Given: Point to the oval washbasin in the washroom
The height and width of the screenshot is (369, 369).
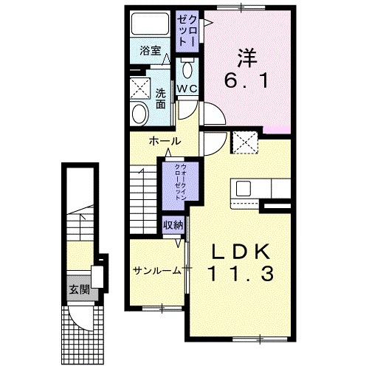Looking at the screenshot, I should click(x=138, y=113).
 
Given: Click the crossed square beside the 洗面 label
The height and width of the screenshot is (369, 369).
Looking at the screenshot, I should click(x=138, y=86).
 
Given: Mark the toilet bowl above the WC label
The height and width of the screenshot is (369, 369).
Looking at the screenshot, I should click(x=187, y=69).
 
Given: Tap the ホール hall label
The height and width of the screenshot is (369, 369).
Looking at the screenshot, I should click(x=165, y=140).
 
